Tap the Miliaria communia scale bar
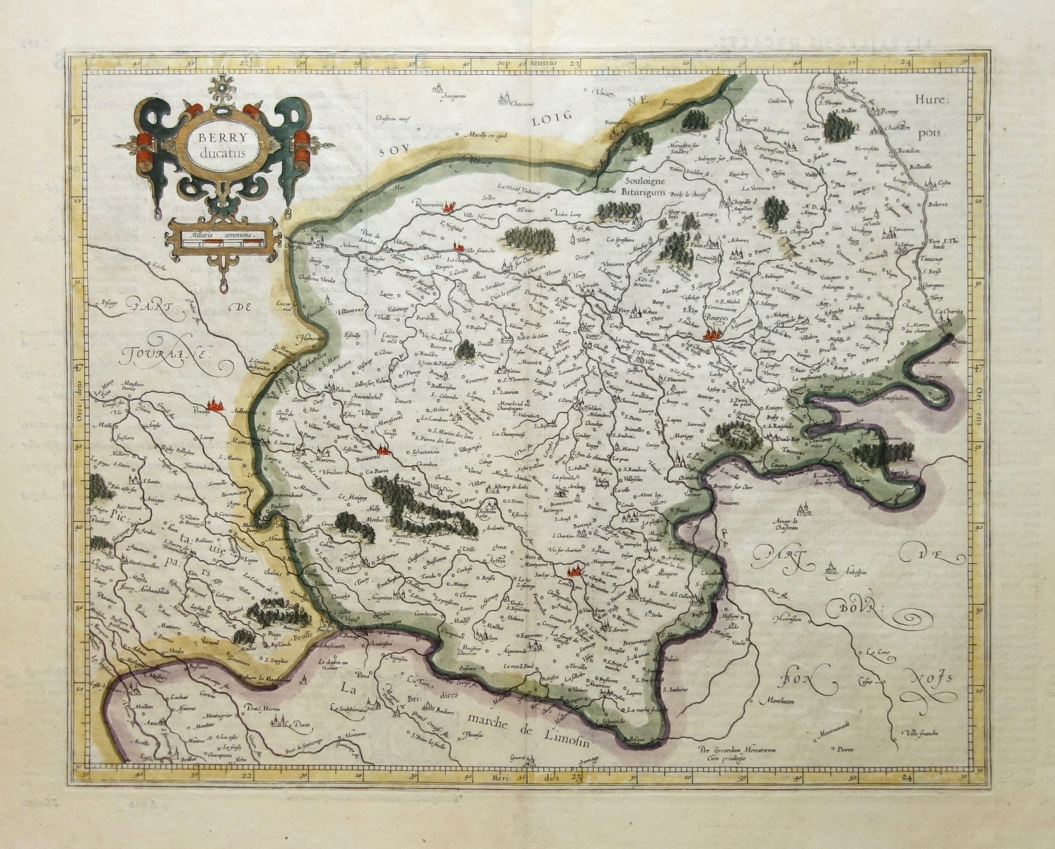(222, 240)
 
